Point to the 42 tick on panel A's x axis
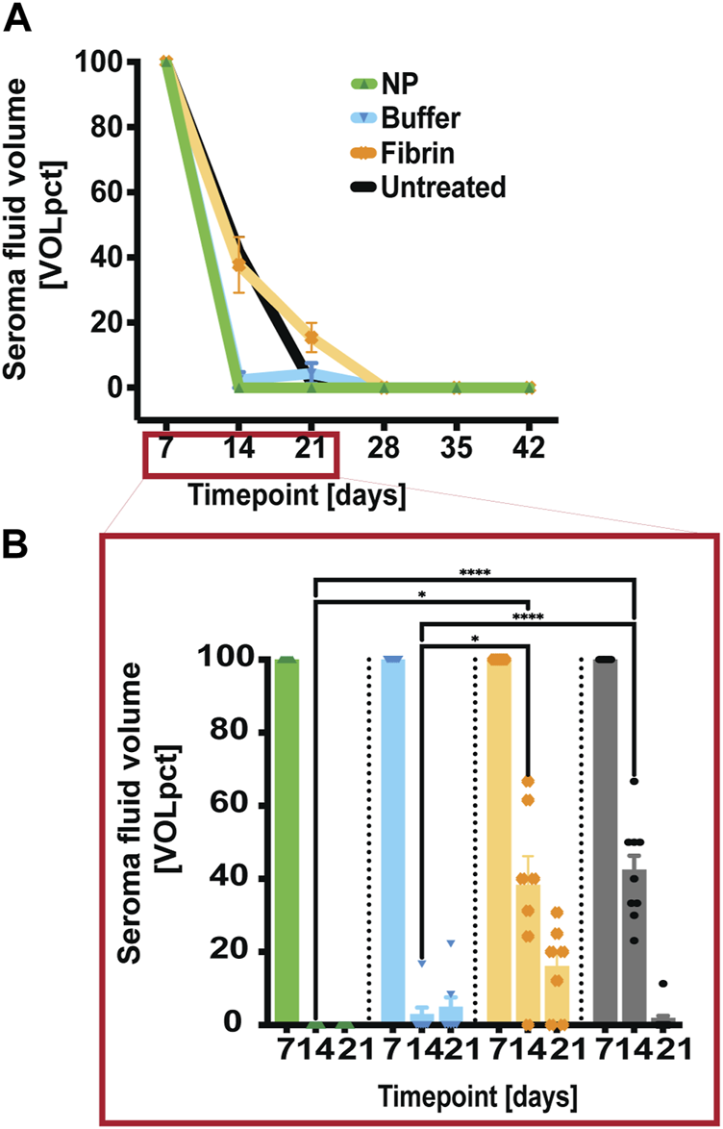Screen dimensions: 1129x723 529,447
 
